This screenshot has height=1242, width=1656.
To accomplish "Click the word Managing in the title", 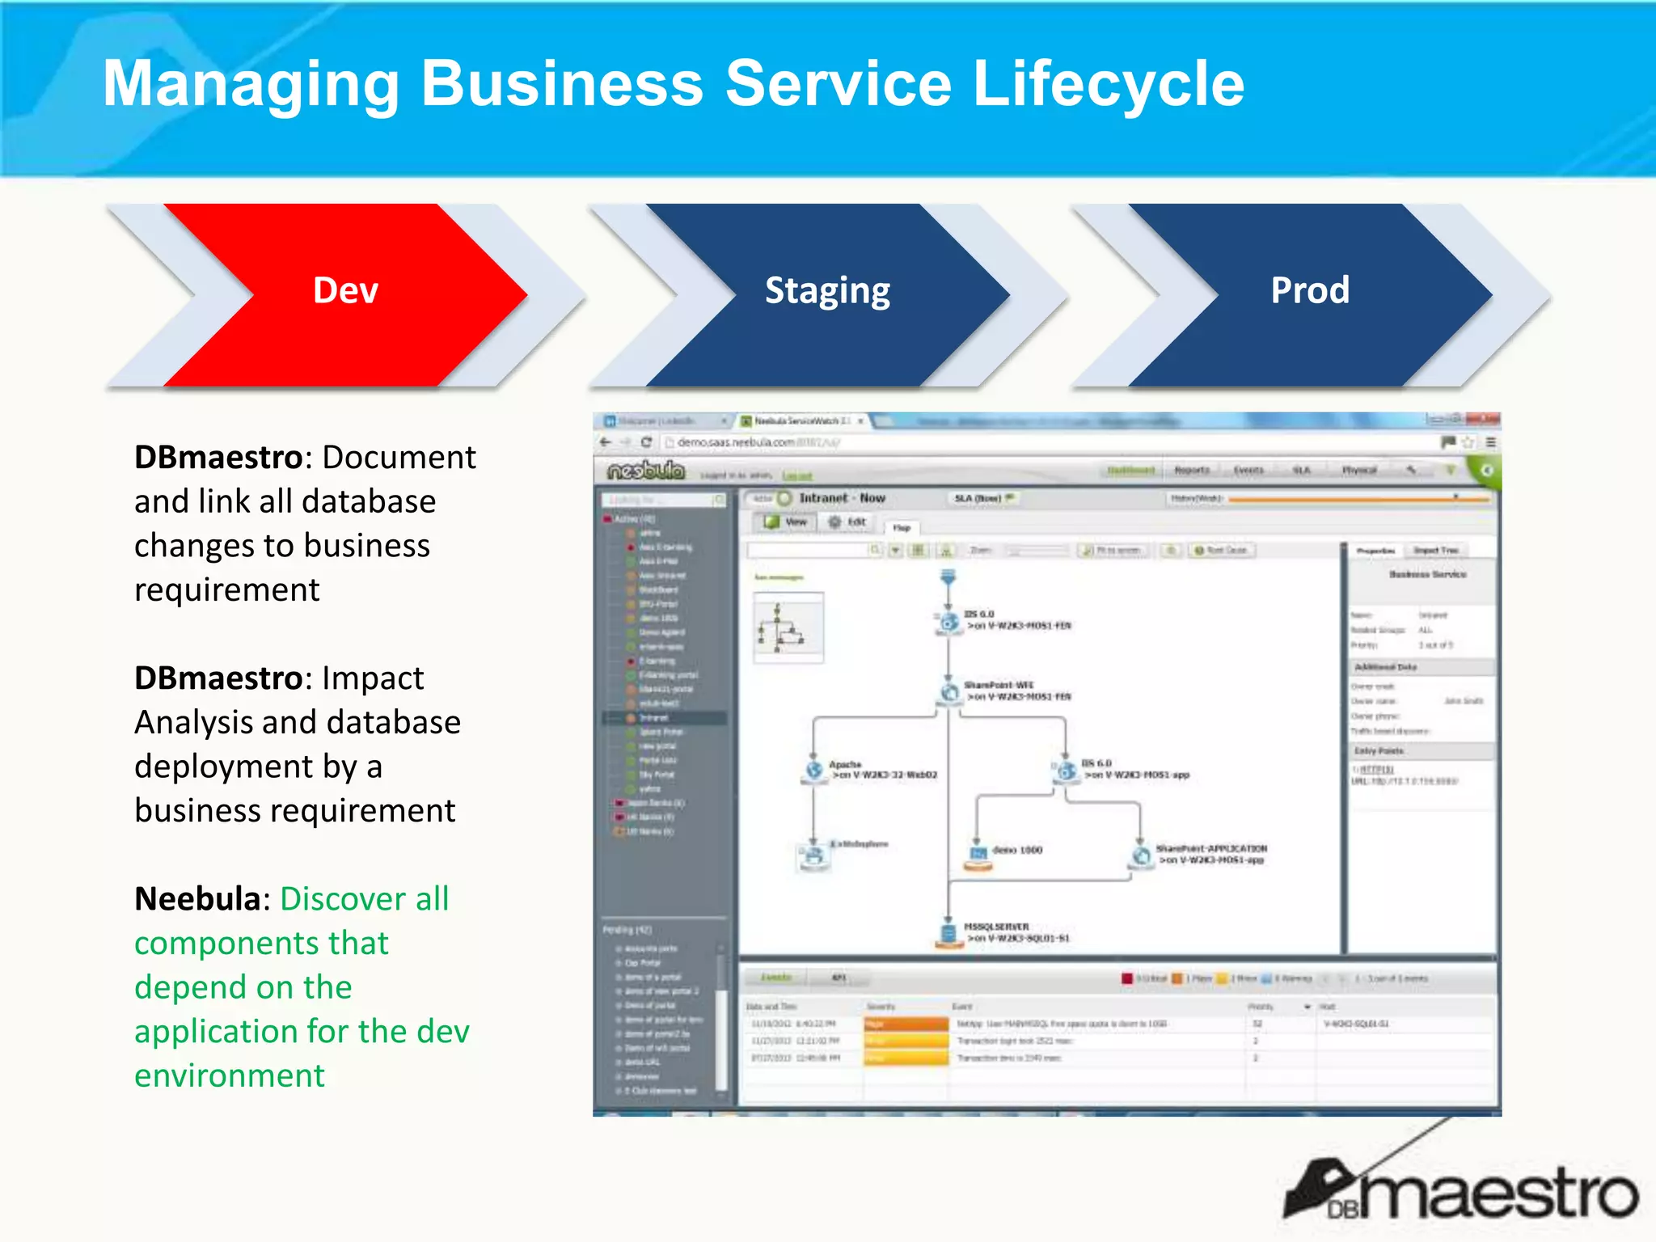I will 251,84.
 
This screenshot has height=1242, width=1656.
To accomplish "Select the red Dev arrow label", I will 345,290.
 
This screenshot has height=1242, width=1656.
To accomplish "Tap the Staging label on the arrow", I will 827,290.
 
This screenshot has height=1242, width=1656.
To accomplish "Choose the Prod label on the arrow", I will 1310,290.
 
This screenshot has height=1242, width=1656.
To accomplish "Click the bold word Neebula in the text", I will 197,899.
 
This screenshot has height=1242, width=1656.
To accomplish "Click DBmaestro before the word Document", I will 218,458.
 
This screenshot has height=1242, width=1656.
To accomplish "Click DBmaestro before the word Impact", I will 218,678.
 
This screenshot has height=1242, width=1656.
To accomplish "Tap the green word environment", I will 230,1076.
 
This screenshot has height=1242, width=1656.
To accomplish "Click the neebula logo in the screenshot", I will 646,471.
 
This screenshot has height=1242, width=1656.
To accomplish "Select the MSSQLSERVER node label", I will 996,927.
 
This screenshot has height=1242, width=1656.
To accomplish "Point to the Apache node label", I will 845,764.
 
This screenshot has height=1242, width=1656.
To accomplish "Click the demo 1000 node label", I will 1017,851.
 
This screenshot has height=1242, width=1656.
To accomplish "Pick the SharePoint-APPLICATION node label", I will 1211,849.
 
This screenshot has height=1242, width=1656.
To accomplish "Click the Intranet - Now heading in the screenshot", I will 842,498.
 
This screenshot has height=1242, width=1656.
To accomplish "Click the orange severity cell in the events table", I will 906,1024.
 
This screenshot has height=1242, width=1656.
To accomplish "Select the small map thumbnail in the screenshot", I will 788,627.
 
